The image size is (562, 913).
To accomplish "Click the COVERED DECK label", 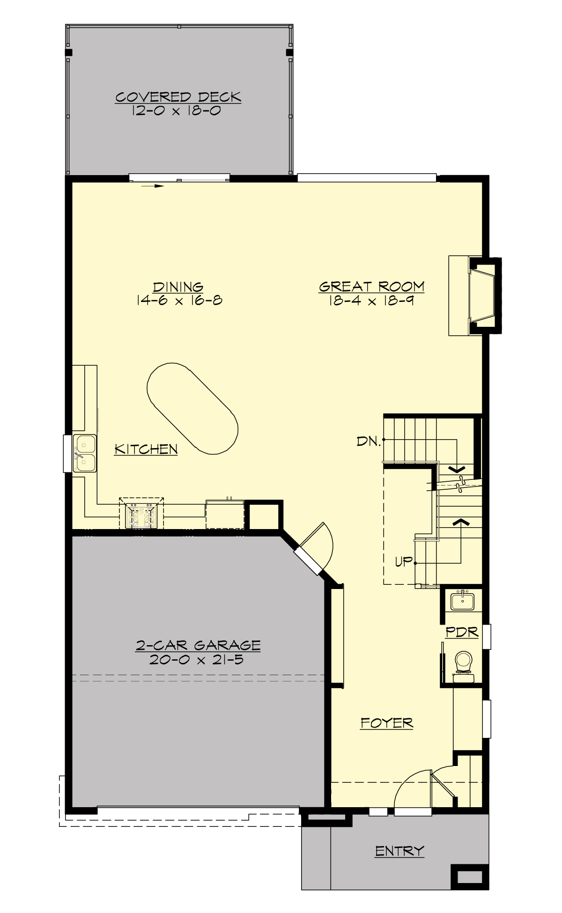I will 178,97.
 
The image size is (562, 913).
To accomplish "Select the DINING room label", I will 178,287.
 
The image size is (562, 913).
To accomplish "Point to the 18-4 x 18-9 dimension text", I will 371,300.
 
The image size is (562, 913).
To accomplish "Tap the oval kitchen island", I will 192,408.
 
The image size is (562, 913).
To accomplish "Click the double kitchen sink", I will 85,453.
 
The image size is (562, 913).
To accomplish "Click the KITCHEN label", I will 146,449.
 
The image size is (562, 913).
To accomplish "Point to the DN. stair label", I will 369,441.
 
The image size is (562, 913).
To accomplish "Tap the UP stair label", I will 404,561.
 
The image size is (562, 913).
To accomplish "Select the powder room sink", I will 462,601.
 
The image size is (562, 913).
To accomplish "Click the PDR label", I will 462,632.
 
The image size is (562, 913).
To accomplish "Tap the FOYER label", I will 387,723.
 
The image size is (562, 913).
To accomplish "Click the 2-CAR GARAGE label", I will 198,646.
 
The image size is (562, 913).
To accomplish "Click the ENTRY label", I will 399,851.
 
